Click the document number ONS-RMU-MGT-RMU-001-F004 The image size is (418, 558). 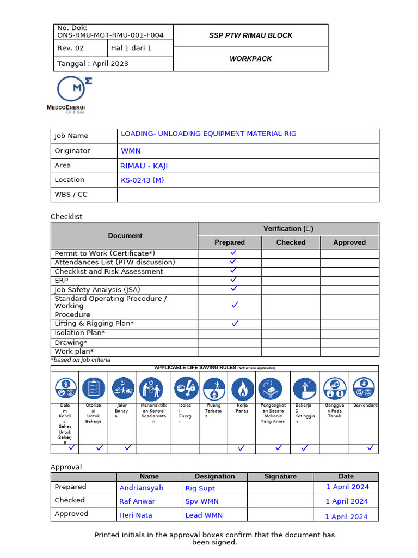coord(110,35)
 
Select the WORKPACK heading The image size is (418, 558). coord(250,59)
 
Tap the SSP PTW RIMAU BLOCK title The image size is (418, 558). coord(250,35)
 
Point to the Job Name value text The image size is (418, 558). coord(208,134)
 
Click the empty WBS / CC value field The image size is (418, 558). coord(248,195)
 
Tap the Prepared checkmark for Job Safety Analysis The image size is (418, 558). coord(234,288)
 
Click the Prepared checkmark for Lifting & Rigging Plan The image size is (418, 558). coord(235,323)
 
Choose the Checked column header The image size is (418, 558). coord(291,242)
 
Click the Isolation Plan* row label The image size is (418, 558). coord(80,333)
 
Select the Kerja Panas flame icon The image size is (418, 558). coord(242,389)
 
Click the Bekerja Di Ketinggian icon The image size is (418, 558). coord(304,389)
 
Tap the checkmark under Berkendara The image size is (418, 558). coord(370,448)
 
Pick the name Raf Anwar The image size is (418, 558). coord(137,501)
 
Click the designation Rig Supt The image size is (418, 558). coord(200,488)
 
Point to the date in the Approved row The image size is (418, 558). coord(346,516)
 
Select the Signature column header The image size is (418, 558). coord(280,476)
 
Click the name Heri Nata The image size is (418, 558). coord(136,515)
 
